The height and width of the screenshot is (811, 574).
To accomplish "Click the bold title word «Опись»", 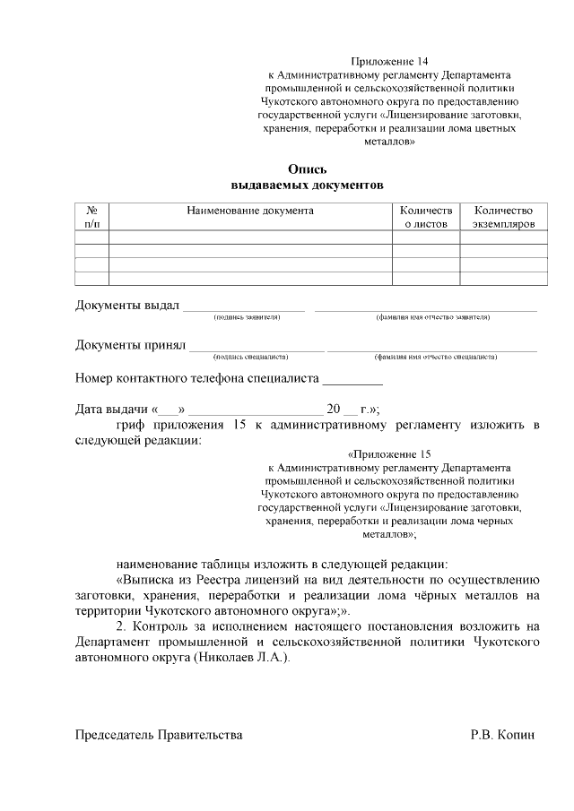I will pos(308,169).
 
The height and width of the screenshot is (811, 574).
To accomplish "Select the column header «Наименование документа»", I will pos(250,211).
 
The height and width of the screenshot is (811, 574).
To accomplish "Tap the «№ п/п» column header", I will pos(91,217).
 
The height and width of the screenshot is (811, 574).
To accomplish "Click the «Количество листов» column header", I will pos(426,217).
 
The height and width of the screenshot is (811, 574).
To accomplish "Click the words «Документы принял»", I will pos(129,345).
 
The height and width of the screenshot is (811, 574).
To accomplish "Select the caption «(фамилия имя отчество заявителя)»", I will pos(433,317).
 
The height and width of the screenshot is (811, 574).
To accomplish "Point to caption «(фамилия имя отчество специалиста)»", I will pos(435,357).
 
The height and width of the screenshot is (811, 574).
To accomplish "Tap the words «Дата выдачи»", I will pos(112,410).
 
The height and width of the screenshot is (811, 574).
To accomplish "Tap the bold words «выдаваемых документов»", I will pos(308,185).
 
